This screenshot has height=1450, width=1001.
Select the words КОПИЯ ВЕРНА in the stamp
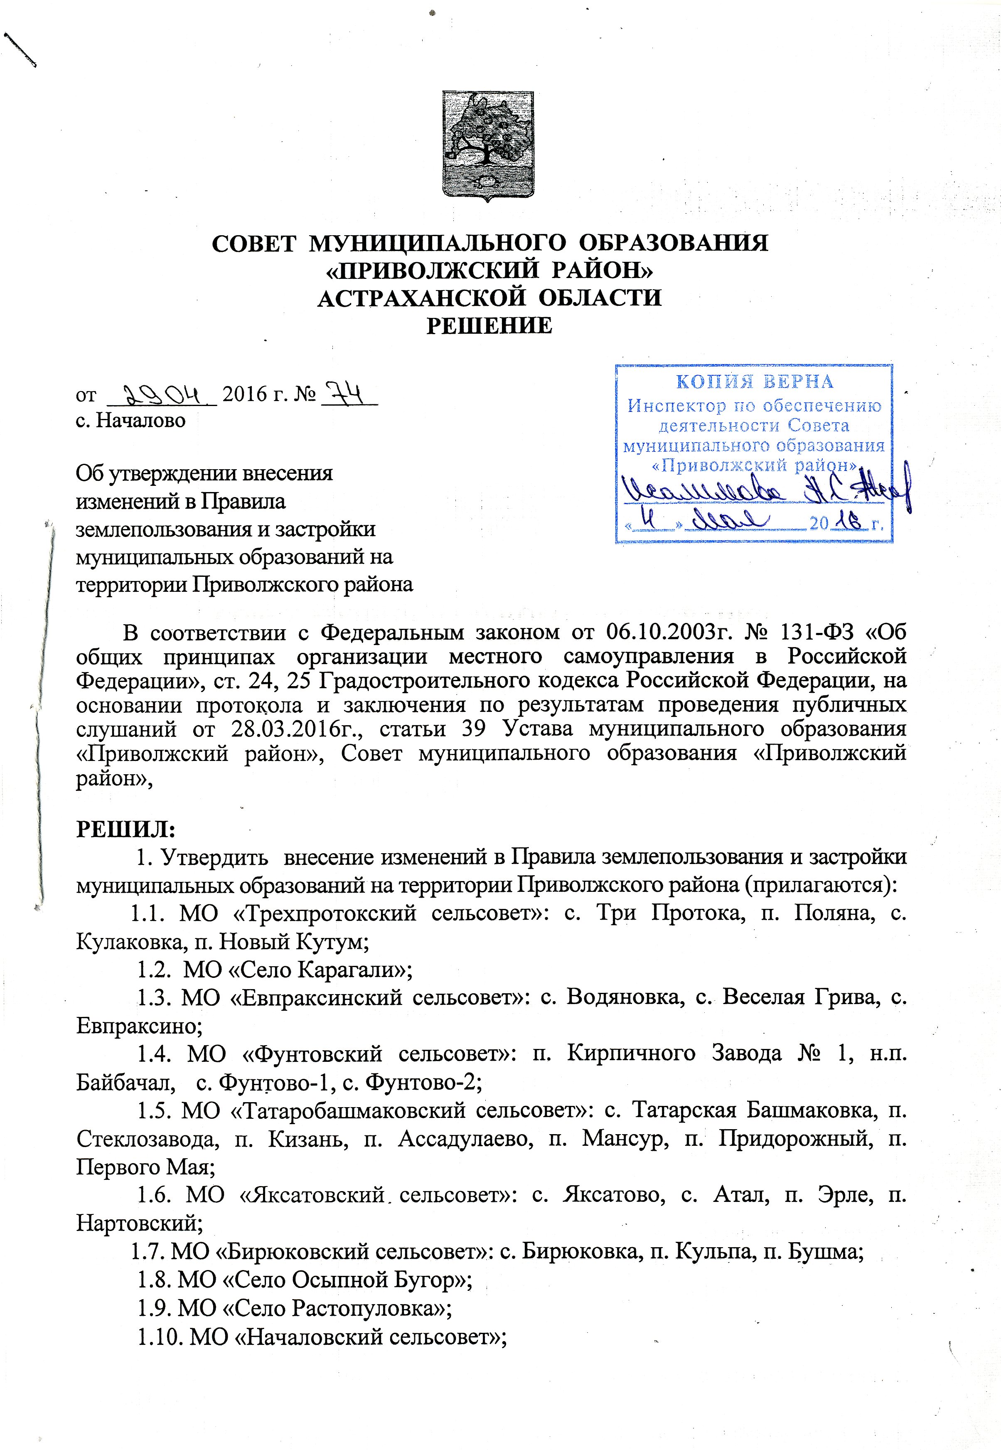[754, 382]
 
